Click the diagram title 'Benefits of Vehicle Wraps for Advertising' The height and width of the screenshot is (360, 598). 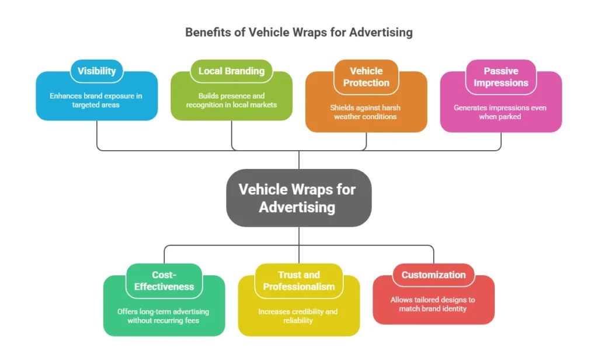[x=298, y=32]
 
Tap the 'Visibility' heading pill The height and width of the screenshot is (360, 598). [x=96, y=71]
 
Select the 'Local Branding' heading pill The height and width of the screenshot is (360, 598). [x=231, y=71]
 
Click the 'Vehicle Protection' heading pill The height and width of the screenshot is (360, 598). [x=366, y=77]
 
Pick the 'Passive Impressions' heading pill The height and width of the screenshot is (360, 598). [x=500, y=77]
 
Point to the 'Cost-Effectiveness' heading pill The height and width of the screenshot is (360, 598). [x=164, y=281]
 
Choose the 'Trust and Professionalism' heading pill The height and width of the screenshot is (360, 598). [x=298, y=281]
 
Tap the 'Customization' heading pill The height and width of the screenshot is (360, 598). [x=433, y=275]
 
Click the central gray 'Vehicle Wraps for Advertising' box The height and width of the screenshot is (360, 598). [x=298, y=198]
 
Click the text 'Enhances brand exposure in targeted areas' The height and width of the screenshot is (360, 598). [x=96, y=100]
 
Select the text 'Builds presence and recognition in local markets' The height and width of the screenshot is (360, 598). [x=231, y=100]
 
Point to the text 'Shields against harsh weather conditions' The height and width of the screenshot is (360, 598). [x=366, y=112]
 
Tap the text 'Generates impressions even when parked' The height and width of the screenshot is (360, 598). [x=500, y=112]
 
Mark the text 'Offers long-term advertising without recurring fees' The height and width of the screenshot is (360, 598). [x=164, y=316]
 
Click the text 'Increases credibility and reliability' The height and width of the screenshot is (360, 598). [x=298, y=316]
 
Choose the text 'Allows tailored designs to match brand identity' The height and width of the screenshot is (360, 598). [x=433, y=304]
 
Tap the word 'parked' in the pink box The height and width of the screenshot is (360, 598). [x=509, y=116]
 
